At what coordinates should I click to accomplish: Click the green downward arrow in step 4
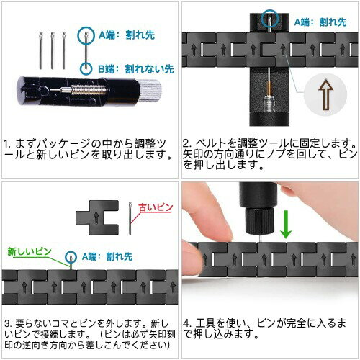(x=286, y=224)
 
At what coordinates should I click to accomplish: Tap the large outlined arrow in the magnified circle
(x=325, y=94)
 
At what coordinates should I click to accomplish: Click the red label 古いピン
(x=156, y=207)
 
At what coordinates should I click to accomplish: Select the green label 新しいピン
(x=30, y=251)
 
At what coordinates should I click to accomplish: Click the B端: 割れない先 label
(x=136, y=69)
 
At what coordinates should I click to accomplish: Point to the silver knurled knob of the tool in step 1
(x=150, y=90)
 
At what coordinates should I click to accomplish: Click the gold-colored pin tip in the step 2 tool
(x=269, y=89)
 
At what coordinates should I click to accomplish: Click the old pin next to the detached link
(x=130, y=218)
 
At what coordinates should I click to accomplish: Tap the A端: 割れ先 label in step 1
(x=127, y=35)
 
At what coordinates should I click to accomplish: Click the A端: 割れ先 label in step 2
(x=320, y=22)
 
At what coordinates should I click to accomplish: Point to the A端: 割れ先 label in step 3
(x=107, y=256)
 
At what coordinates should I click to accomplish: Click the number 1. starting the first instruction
(x=7, y=144)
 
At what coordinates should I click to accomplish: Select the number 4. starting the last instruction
(x=186, y=323)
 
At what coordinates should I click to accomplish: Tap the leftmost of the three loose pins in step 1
(x=40, y=50)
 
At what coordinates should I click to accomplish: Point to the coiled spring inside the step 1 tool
(x=89, y=90)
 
